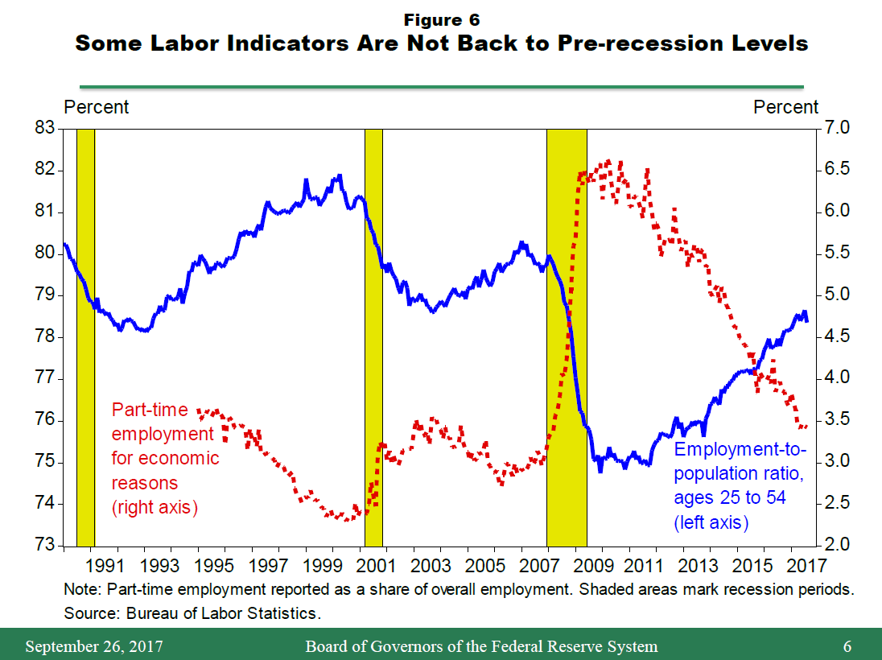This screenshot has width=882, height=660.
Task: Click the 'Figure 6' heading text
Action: pyautogui.click(x=441, y=20)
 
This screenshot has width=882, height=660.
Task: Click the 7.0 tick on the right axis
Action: pyautogui.click(x=838, y=128)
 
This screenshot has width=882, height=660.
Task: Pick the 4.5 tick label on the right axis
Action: pyautogui.click(x=838, y=336)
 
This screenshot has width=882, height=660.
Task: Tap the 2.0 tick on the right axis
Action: pyautogui.click(x=838, y=545)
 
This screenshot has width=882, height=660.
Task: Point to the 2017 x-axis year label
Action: pyautogui.click(x=802, y=564)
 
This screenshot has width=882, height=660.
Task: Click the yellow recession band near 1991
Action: pyautogui.click(x=85, y=338)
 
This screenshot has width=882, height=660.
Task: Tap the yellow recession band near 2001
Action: pyautogui.click(x=373, y=338)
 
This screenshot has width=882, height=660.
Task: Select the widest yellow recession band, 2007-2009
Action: pyautogui.click(x=567, y=338)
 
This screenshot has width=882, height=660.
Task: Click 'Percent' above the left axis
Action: pyautogui.click(x=96, y=107)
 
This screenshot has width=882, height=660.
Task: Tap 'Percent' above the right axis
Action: pyautogui.click(x=786, y=107)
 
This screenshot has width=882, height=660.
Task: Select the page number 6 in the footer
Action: pyautogui.click(x=847, y=646)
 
